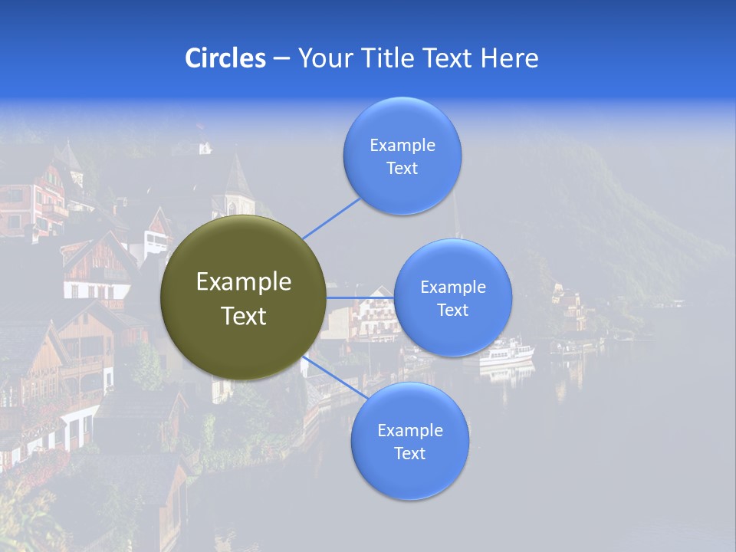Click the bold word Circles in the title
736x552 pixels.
[x=225, y=58]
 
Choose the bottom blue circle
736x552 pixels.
[x=409, y=475]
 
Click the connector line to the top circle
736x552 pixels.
[x=331, y=219]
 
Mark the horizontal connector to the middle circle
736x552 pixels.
[x=360, y=297]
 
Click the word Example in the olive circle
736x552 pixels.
[x=244, y=282]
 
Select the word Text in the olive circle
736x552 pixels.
[x=244, y=316]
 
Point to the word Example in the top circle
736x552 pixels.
[x=402, y=145]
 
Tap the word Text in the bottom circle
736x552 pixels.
[x=409, y=453]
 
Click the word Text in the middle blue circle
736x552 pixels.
[x=453, y=310]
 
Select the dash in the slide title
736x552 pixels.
[x=281, y=58]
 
